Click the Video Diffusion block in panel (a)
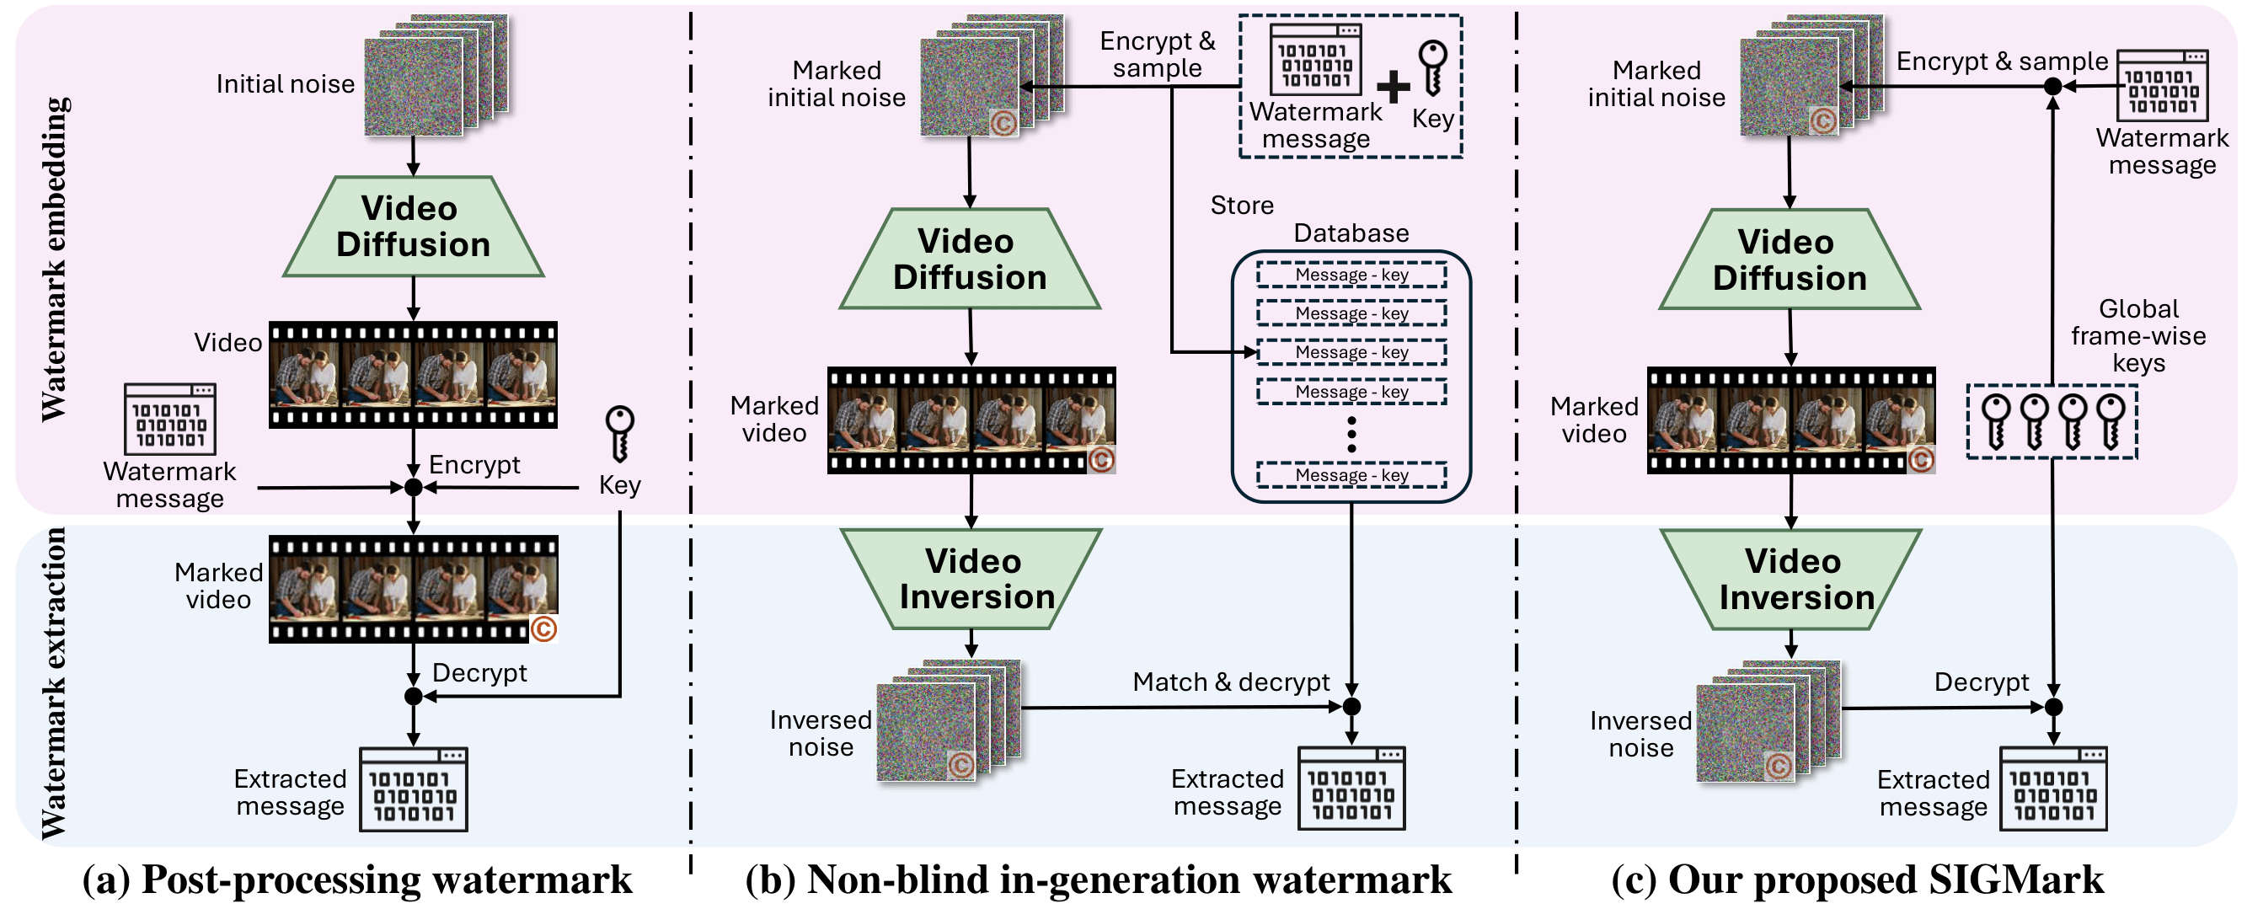[x=413, y=227]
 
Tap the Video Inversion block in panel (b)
[x=971, y=580]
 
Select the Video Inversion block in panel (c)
[x=1791, y=580]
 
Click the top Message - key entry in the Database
[x=1351, y=275]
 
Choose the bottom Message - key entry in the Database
[x=1351, y=475]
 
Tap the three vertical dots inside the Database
[x=1351, y=434]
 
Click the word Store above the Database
[x=1241, y=206]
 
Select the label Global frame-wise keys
[x=2138, y=336]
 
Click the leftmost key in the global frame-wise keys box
[x=1996, y=421]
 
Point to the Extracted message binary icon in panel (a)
[x=414, y=789]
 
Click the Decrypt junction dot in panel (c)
[x=2053, y=707]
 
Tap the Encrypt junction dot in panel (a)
[x=414, y=488]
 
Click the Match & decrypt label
[x=1231, y=682]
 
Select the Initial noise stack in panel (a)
[x=434, y=76]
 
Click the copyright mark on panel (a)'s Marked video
[x=543, y=629]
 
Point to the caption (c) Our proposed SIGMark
[x=1857, y=880]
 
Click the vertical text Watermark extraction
[x=54, y=684]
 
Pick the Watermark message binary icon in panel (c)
[x=2163, y=85]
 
